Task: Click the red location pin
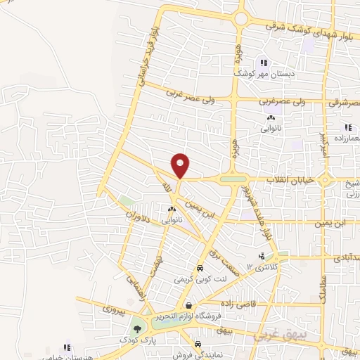181,165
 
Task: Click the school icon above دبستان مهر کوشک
264,61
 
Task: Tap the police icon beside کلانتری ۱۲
262,256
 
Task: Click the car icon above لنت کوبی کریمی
200,269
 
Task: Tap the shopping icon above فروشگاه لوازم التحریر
190,305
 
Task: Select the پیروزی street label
114,308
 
